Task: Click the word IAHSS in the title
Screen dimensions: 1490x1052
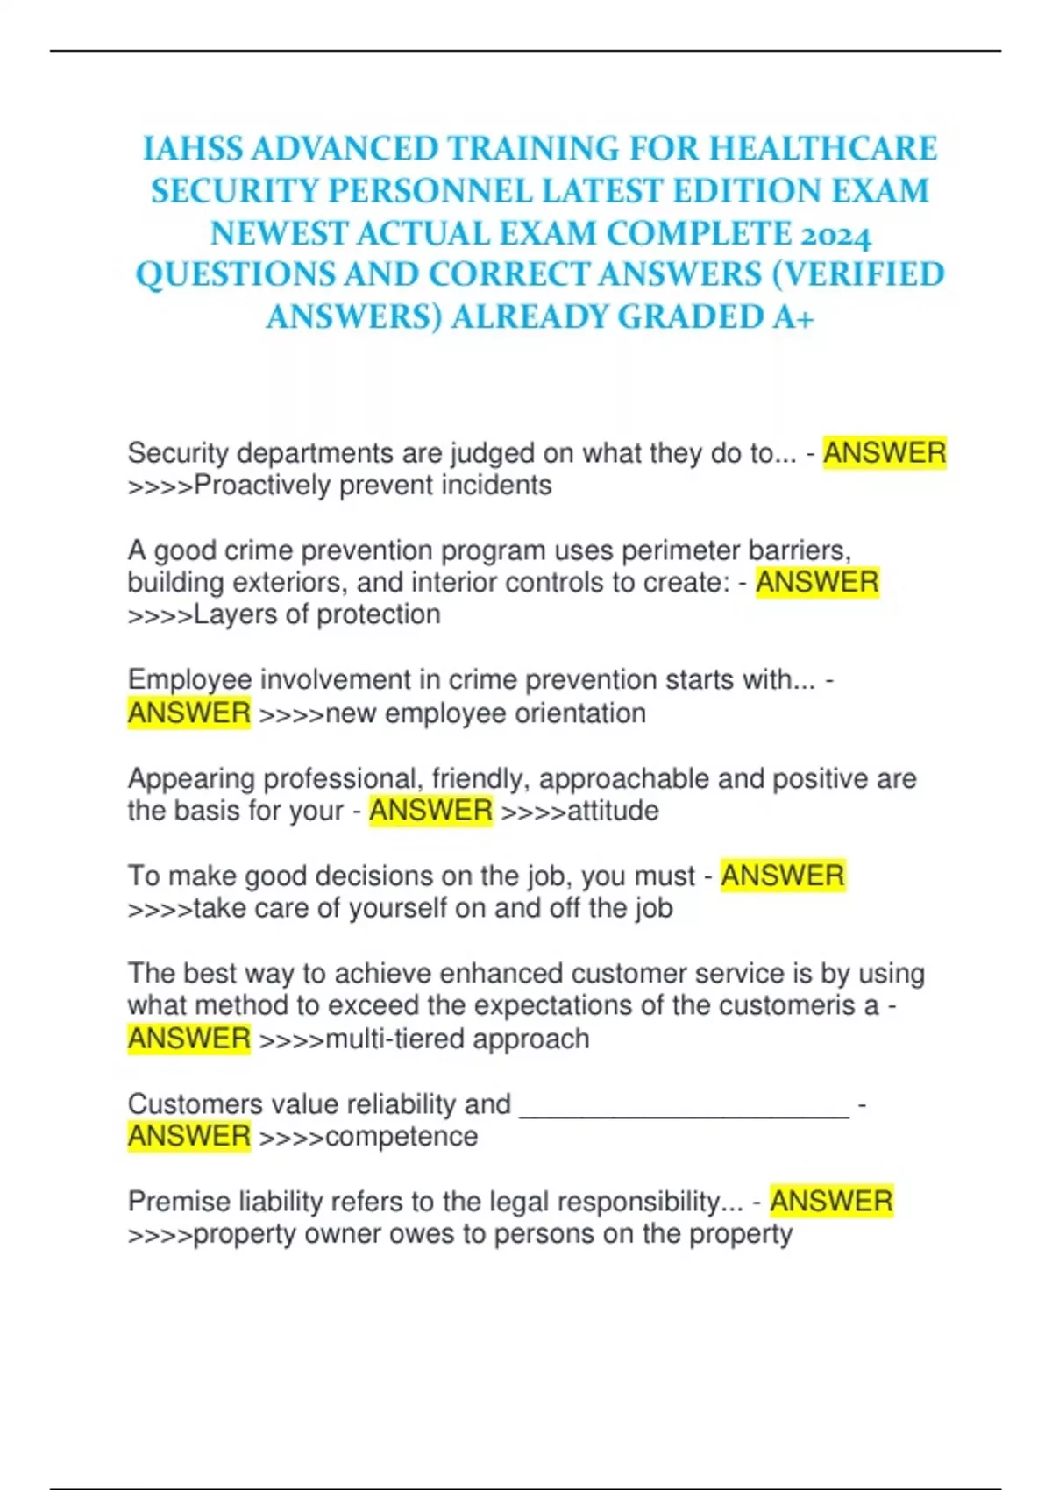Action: coord(193,149)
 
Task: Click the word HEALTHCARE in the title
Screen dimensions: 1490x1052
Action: coord(823,149)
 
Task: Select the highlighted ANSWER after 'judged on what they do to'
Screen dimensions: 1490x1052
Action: coord(884,453)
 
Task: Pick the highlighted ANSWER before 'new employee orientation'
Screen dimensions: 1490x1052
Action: coord(189,713)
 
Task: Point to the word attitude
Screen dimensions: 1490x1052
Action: coord(613,811)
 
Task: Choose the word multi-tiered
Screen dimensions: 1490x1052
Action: coord(394,1039)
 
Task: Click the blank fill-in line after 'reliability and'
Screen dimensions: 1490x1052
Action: coord(684,1106)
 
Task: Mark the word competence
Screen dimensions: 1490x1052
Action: coord(402,1137)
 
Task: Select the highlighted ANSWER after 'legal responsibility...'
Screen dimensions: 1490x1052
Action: coord(831,1202)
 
